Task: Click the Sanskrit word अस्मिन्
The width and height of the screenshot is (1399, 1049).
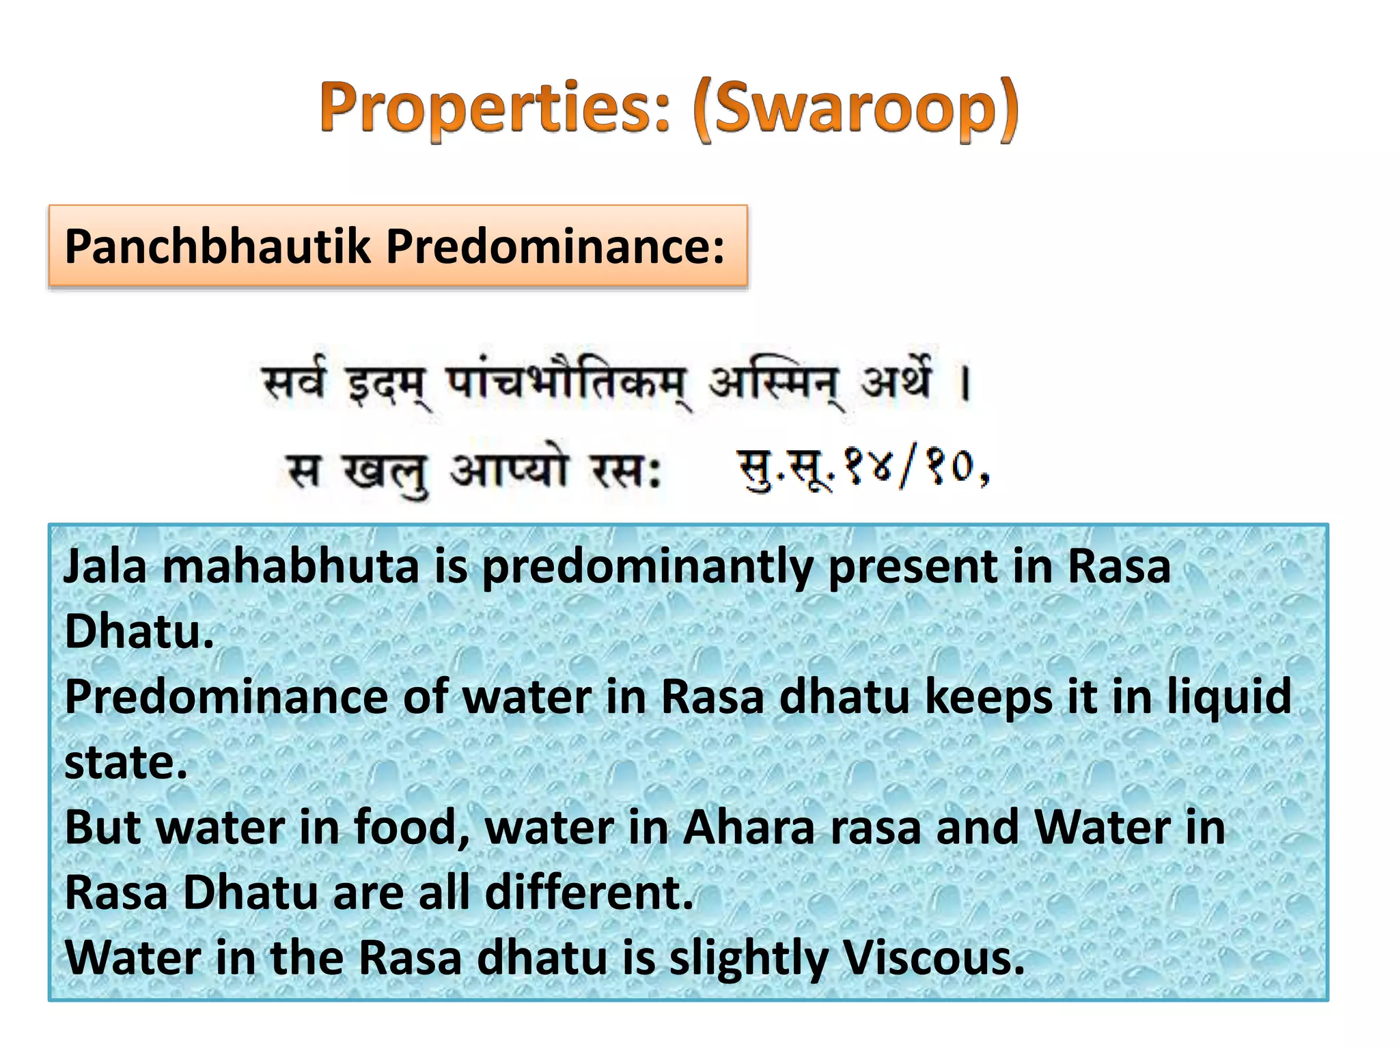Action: pyautogui.click(x=775, y=384)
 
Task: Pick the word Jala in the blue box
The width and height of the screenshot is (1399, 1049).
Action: pyautogui.click(x=105, y=567)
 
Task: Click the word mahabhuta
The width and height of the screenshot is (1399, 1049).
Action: pyautogui.click(x=290, y=567)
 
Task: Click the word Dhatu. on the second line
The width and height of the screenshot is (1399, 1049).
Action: pyautogui.click(x=139, y=632)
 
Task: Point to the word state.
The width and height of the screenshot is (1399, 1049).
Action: pyautogui.click(x=126, y=763)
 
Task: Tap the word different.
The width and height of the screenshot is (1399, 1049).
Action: pyautogui.click(x=589, y=893)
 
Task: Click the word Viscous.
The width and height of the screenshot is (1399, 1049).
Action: pyautogui.click(x=933, y=957)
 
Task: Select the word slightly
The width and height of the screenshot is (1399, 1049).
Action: pyautogui.click(x=748, y=959)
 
